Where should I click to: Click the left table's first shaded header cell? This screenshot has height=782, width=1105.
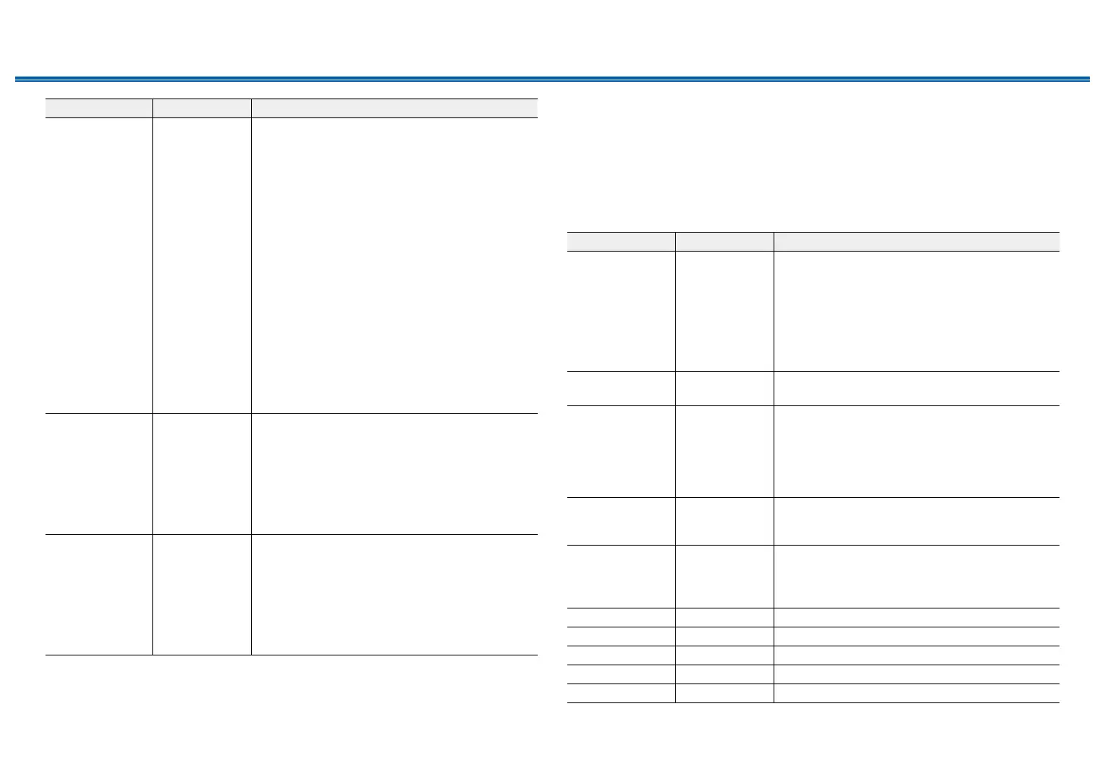(x=99, y=108)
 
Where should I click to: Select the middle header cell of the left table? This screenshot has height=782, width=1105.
(x=202, y=108)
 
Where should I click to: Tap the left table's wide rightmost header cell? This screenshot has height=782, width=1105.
(x=394, y=108)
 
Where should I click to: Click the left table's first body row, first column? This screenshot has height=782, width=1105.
(x=99, y=265)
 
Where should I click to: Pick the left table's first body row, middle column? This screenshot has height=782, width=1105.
(x=202, y=265)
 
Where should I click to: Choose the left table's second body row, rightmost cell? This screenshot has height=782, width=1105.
(x=394, y=474)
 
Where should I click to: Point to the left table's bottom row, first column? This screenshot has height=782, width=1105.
(x=99, y=594)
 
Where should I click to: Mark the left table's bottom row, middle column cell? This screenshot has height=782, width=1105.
(x=202, y=594)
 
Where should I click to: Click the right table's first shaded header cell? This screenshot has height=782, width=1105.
(x=621, y=241)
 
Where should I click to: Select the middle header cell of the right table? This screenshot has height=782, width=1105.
(x=724, y=241)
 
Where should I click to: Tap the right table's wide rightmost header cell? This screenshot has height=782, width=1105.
(x=916, y=241)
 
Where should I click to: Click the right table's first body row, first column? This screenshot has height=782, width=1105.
(x=621, y=311)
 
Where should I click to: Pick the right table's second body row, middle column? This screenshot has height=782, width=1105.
(x=724, y=388)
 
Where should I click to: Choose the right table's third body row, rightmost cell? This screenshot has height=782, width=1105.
(x=916, y=451)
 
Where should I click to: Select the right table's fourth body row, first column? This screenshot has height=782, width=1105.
(x=621, y=521)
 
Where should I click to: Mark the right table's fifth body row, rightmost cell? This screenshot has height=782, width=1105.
(x=916, y=576)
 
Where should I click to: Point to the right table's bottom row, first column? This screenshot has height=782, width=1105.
(x=621, y=693)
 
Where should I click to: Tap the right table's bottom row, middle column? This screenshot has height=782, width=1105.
(x=724, y=693)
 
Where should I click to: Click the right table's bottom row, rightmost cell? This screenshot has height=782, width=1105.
(x=916, y=693)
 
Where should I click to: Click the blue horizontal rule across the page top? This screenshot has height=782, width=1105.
(x=552, y=79)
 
